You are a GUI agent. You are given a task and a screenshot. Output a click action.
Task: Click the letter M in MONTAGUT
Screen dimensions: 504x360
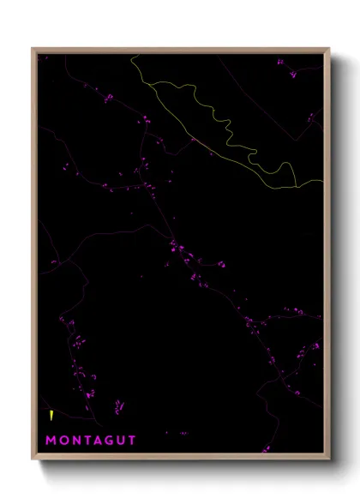pos(51,441)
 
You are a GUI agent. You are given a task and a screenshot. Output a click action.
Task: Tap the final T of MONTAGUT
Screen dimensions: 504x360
pos(133,441)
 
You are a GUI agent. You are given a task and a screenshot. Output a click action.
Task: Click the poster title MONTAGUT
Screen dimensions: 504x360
pos(92,441)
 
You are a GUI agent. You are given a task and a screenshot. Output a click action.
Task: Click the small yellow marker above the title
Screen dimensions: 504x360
pos(53,417)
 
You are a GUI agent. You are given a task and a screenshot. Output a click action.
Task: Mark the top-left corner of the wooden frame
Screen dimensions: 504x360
pos(33,49)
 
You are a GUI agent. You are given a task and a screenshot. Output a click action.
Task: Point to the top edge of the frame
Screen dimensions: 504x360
pos(180,50)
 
